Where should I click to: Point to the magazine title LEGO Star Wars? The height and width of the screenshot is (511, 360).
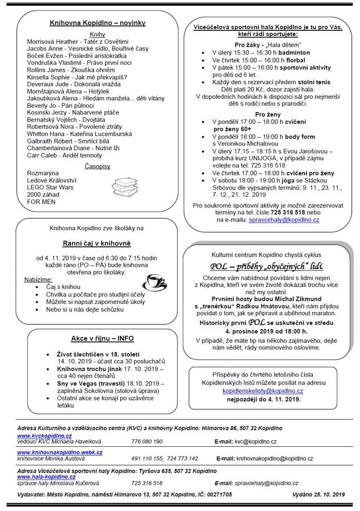pos(50,188)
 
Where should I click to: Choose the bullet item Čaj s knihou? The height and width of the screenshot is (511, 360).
pos(65,286)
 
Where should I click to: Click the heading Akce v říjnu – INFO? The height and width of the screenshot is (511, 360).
pos(98,339)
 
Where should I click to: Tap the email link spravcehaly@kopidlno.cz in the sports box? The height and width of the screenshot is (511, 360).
pos(284,220)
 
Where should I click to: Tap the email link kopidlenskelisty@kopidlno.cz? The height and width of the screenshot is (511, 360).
pos(263,391)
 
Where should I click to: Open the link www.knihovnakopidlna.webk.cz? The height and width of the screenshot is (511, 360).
pos(60,451)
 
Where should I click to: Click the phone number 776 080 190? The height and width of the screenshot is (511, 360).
pos(147,441)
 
